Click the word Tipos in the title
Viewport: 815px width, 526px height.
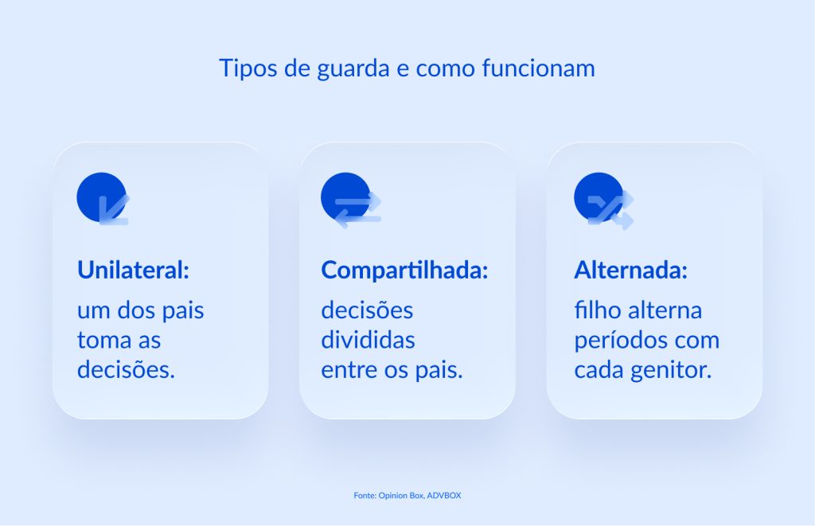pyautogui.click(x=242, y=68)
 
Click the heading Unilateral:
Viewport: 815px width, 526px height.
pyautogui.click(x=133, y=270)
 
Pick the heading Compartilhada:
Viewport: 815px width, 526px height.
pyautogui.click(x=404, y=270)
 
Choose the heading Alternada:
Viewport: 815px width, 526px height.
pyautogui.click(x=630, y=270)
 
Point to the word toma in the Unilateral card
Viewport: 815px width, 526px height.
pyautogui.click(x=103, y=341)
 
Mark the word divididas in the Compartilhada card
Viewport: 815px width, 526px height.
pyautogui.click(x=368, y=341)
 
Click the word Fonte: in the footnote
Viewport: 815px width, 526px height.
pyautogui.click(x=366, y=496)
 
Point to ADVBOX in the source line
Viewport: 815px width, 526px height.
pyautogui.click(x=444, y=496)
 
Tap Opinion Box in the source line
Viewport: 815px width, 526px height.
pyautogui.click(x=402, y=496)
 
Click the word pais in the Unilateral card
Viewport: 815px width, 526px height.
pyautogui.click(x=183, y=310)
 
